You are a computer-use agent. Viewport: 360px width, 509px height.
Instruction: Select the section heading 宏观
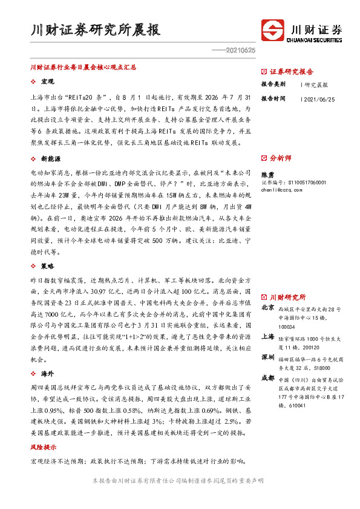point(48,81)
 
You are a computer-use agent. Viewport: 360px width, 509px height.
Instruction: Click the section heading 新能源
point(50,158)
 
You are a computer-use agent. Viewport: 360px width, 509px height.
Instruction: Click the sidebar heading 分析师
point(281,158)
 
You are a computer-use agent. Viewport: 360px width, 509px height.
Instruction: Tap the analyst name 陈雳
point(267,173)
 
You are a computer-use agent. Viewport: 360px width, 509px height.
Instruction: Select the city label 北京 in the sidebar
point(267,308)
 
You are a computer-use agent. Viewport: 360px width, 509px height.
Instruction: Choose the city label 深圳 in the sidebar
point(267,357)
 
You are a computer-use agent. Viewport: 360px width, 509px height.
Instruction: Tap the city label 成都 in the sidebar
point(267,377)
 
